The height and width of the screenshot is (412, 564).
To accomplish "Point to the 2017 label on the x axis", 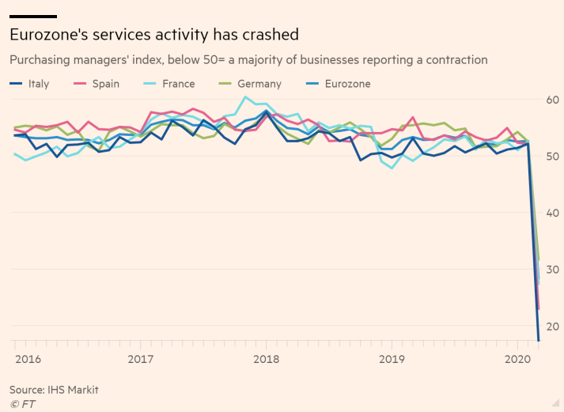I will (x=141, y=359).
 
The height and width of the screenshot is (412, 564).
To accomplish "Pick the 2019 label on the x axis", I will (x=392, y=359).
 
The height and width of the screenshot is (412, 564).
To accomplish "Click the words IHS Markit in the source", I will (x=74, y=390).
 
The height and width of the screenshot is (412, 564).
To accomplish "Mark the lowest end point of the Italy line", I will (x=539, y=341).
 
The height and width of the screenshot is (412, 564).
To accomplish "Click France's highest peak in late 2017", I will (x=246, y=97).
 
